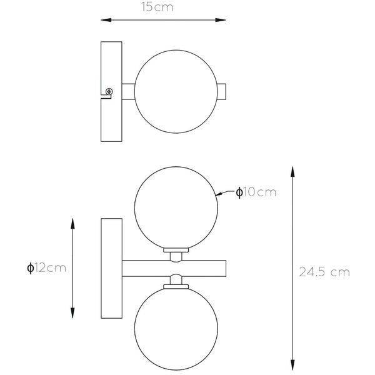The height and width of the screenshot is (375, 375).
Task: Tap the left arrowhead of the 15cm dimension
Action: [x=106, y=21]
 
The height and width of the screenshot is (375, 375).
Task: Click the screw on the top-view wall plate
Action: [x=109, y=92]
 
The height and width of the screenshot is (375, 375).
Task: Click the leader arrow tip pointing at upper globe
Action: [x=219, y=194]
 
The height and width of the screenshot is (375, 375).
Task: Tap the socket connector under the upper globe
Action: [x=176, y=254]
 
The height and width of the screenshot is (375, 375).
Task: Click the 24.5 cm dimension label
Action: [x=324, y=272]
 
